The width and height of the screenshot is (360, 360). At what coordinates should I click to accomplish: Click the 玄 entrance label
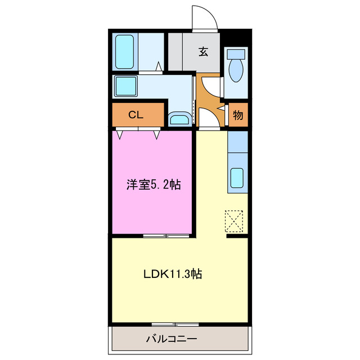pos(203,52)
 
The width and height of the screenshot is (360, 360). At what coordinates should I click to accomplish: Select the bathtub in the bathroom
pos(123,51)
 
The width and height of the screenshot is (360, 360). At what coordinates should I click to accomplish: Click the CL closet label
pos(135,115)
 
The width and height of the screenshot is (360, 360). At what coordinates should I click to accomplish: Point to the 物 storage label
pos(238,115)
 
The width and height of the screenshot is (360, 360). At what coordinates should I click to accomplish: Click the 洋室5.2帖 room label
pos(153,184)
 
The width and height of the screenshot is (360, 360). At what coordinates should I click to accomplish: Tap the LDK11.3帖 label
pos(173,274)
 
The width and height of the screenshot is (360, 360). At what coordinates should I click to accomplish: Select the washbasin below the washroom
pos(179,119)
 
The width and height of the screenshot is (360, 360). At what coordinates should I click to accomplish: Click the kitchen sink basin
pos(237,178)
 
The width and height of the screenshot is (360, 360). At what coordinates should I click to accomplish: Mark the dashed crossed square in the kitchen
pos(234,220)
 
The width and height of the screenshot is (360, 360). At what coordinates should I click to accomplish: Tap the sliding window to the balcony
pos(174,325)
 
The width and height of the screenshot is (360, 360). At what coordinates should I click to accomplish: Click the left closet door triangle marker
pos(120,134)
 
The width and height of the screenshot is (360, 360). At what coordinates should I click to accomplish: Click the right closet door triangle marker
pos(157,134)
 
